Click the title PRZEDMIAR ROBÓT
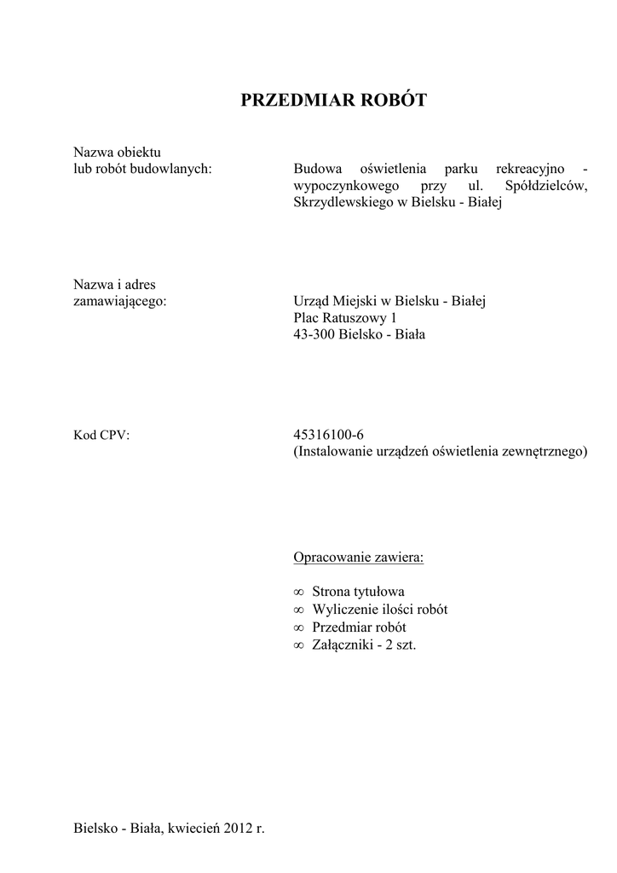[x=333, y=101]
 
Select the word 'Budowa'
[x=315, y=169]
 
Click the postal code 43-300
[x=314, y=335]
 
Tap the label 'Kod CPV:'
[x=101, y=435]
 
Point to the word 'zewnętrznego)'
[x=547, y=452]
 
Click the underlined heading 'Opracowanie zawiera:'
[x=358, y=558]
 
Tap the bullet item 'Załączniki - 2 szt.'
[x=364, y=645]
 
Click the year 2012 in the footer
[x=239, y=828]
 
